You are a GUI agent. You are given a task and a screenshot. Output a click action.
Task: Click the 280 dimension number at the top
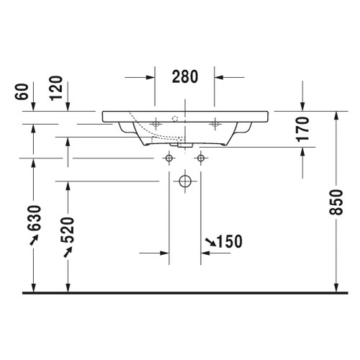185,76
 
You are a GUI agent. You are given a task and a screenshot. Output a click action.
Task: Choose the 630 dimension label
34,220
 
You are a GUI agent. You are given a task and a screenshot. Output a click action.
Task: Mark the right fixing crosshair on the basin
214,124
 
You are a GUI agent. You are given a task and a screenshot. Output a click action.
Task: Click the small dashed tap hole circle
174,117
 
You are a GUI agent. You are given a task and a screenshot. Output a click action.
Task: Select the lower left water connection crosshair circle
169,158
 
